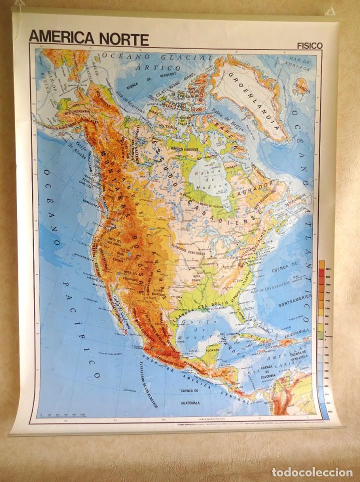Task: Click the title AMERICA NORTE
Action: pos(88,38)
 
